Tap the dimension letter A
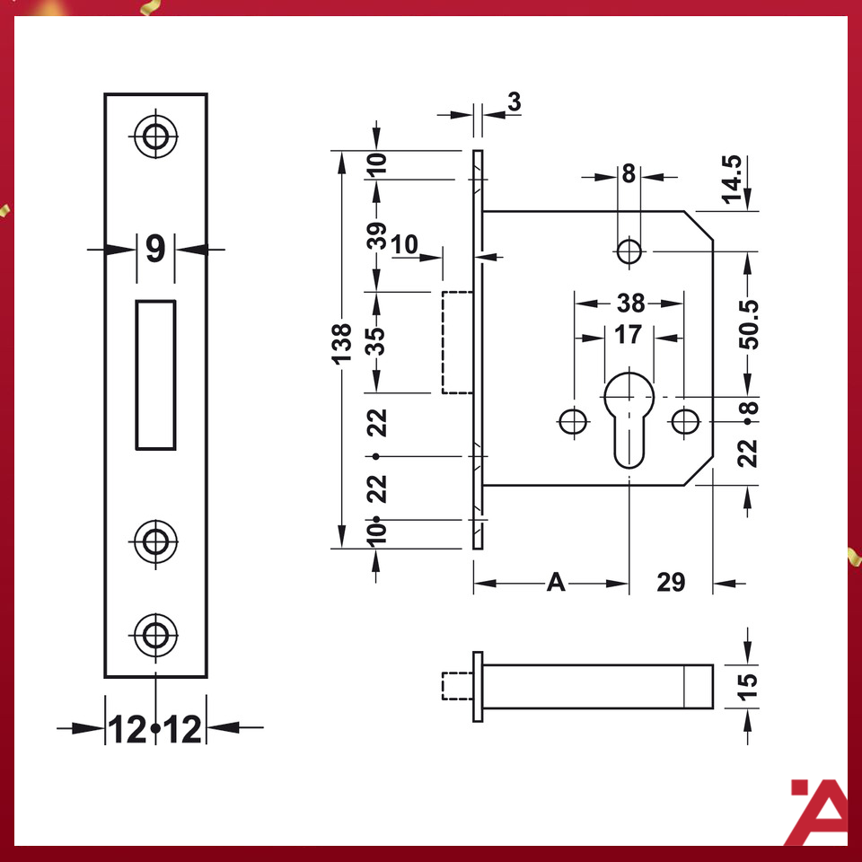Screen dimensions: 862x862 pos(557,584)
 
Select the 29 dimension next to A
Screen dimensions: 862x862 pos(671,584)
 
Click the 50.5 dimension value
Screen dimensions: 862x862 pos(750,323)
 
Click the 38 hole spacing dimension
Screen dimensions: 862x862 pos(629,302)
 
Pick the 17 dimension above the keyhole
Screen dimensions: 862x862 pos(629,335)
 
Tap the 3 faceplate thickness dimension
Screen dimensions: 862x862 pos(514,101)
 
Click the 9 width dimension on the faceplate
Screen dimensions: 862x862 pos(155,250)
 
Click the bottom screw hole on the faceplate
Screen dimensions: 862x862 pos(156,636)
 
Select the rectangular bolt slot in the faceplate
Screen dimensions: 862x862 pos(155,374)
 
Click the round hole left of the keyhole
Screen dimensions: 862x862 pos(572,419)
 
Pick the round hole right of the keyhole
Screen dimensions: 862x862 pos(687,419)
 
